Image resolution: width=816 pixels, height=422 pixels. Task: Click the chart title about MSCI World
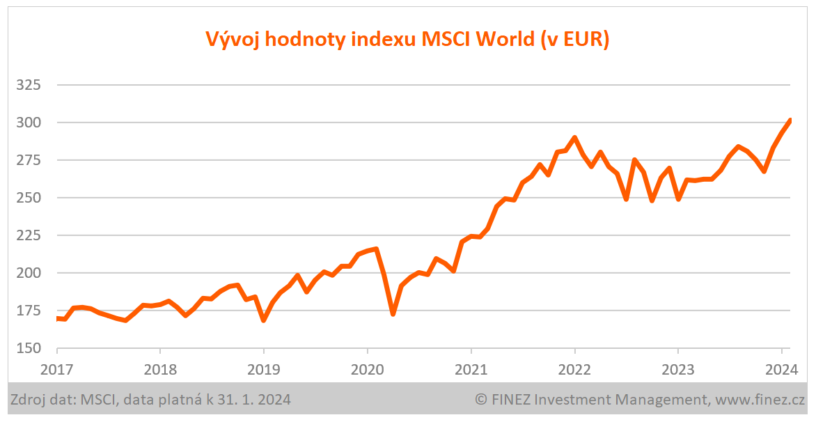407,40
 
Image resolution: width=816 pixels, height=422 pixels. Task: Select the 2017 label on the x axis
57,369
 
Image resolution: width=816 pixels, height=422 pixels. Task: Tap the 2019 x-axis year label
264,369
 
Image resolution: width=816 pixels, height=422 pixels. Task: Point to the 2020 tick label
367,369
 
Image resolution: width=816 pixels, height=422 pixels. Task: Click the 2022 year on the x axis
574,369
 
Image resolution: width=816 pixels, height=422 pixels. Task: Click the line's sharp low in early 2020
393,313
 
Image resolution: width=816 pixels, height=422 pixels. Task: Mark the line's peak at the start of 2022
574,138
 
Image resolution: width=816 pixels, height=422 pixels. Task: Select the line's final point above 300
790,120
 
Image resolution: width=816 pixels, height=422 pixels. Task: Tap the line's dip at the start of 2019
264,320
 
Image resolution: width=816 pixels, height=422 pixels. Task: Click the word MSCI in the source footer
96,400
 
